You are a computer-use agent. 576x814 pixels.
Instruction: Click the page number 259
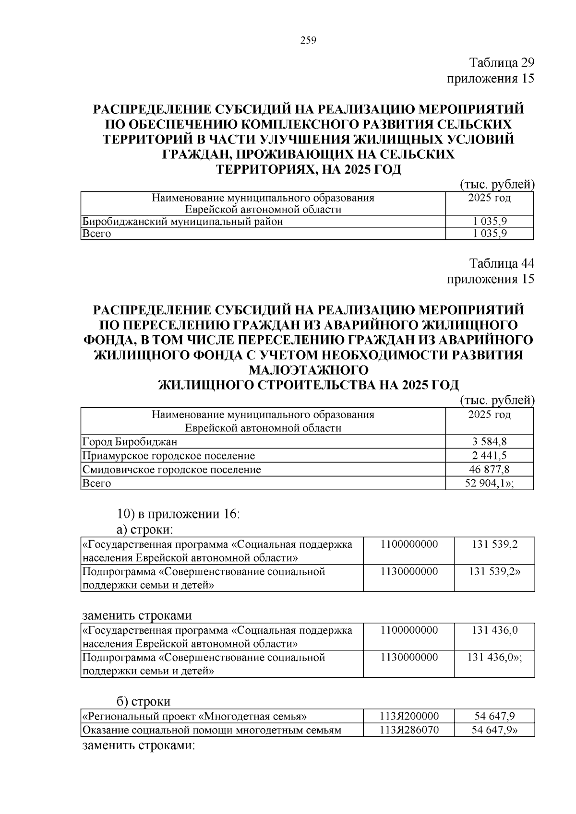pos(308,41)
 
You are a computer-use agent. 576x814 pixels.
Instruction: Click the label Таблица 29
pos(502,63)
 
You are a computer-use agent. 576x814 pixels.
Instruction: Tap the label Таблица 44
pos(502,263)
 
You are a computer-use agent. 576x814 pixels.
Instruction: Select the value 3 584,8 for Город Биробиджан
pos(489,442)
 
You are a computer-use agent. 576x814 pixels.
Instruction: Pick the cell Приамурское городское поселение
pos(169,456)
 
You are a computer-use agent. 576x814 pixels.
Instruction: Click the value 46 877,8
pos(489,469)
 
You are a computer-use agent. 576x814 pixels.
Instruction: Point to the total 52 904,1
pos(489,483)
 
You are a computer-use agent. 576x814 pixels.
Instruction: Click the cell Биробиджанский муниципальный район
pos(183,222)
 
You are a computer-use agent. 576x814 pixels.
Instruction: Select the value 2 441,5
pos(489,456)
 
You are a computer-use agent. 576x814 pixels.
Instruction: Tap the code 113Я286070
pos(409,731)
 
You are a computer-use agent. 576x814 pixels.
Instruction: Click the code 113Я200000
pos(409,717)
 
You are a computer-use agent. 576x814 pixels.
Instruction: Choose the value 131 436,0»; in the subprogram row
pos(494,658)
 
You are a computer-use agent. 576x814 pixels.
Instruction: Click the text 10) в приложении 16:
pos(178,514)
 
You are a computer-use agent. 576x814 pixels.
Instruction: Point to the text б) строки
pos(144,702)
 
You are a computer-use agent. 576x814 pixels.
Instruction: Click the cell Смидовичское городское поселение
pos(172,470)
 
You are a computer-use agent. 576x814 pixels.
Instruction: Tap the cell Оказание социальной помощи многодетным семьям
pos(212,731)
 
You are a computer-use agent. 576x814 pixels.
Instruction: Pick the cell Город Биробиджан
pos(130,442)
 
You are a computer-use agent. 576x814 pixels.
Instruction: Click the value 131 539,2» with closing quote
pos(494,572)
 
